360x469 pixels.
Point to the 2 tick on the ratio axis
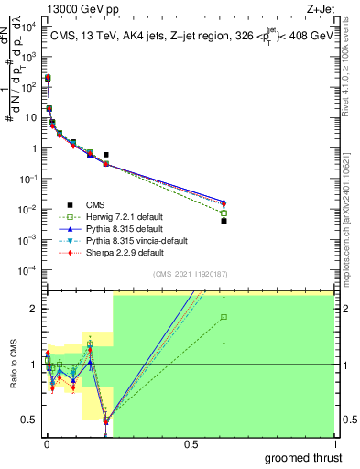35,309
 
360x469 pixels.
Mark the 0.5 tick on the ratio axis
31,420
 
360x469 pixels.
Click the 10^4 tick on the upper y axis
29,27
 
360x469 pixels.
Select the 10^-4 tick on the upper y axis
29,269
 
